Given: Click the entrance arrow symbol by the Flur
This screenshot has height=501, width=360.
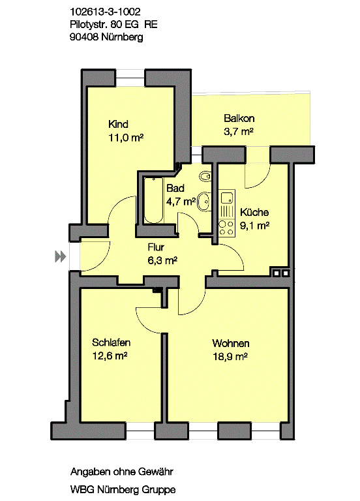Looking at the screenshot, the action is (61, 256).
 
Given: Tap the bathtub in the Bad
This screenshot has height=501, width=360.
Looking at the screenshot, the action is (154, 200).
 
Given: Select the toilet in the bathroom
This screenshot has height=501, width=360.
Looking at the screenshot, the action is (205, 176).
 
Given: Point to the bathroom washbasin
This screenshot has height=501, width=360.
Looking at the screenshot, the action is (204, 202).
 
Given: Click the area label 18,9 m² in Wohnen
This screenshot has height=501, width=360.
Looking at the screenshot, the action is (230, 356).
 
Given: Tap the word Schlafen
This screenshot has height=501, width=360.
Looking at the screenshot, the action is (111, 342).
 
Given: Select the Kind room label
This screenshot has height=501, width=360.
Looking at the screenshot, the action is (118, 124).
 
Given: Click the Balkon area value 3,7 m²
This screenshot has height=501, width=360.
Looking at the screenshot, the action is (239, 131).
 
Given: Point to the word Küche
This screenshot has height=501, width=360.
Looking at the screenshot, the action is (254, 212).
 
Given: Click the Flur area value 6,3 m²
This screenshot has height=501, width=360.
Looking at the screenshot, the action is (162, 261).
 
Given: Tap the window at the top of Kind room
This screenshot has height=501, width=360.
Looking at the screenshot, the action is (130, 78).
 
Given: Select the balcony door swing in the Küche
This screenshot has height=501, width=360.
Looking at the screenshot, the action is (258, 175).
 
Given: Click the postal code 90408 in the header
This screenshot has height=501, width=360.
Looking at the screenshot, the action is (84, 37).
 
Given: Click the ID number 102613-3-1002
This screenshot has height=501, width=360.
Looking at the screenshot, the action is (105, 12).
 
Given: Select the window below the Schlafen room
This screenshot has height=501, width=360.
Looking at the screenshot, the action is (141, 431).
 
